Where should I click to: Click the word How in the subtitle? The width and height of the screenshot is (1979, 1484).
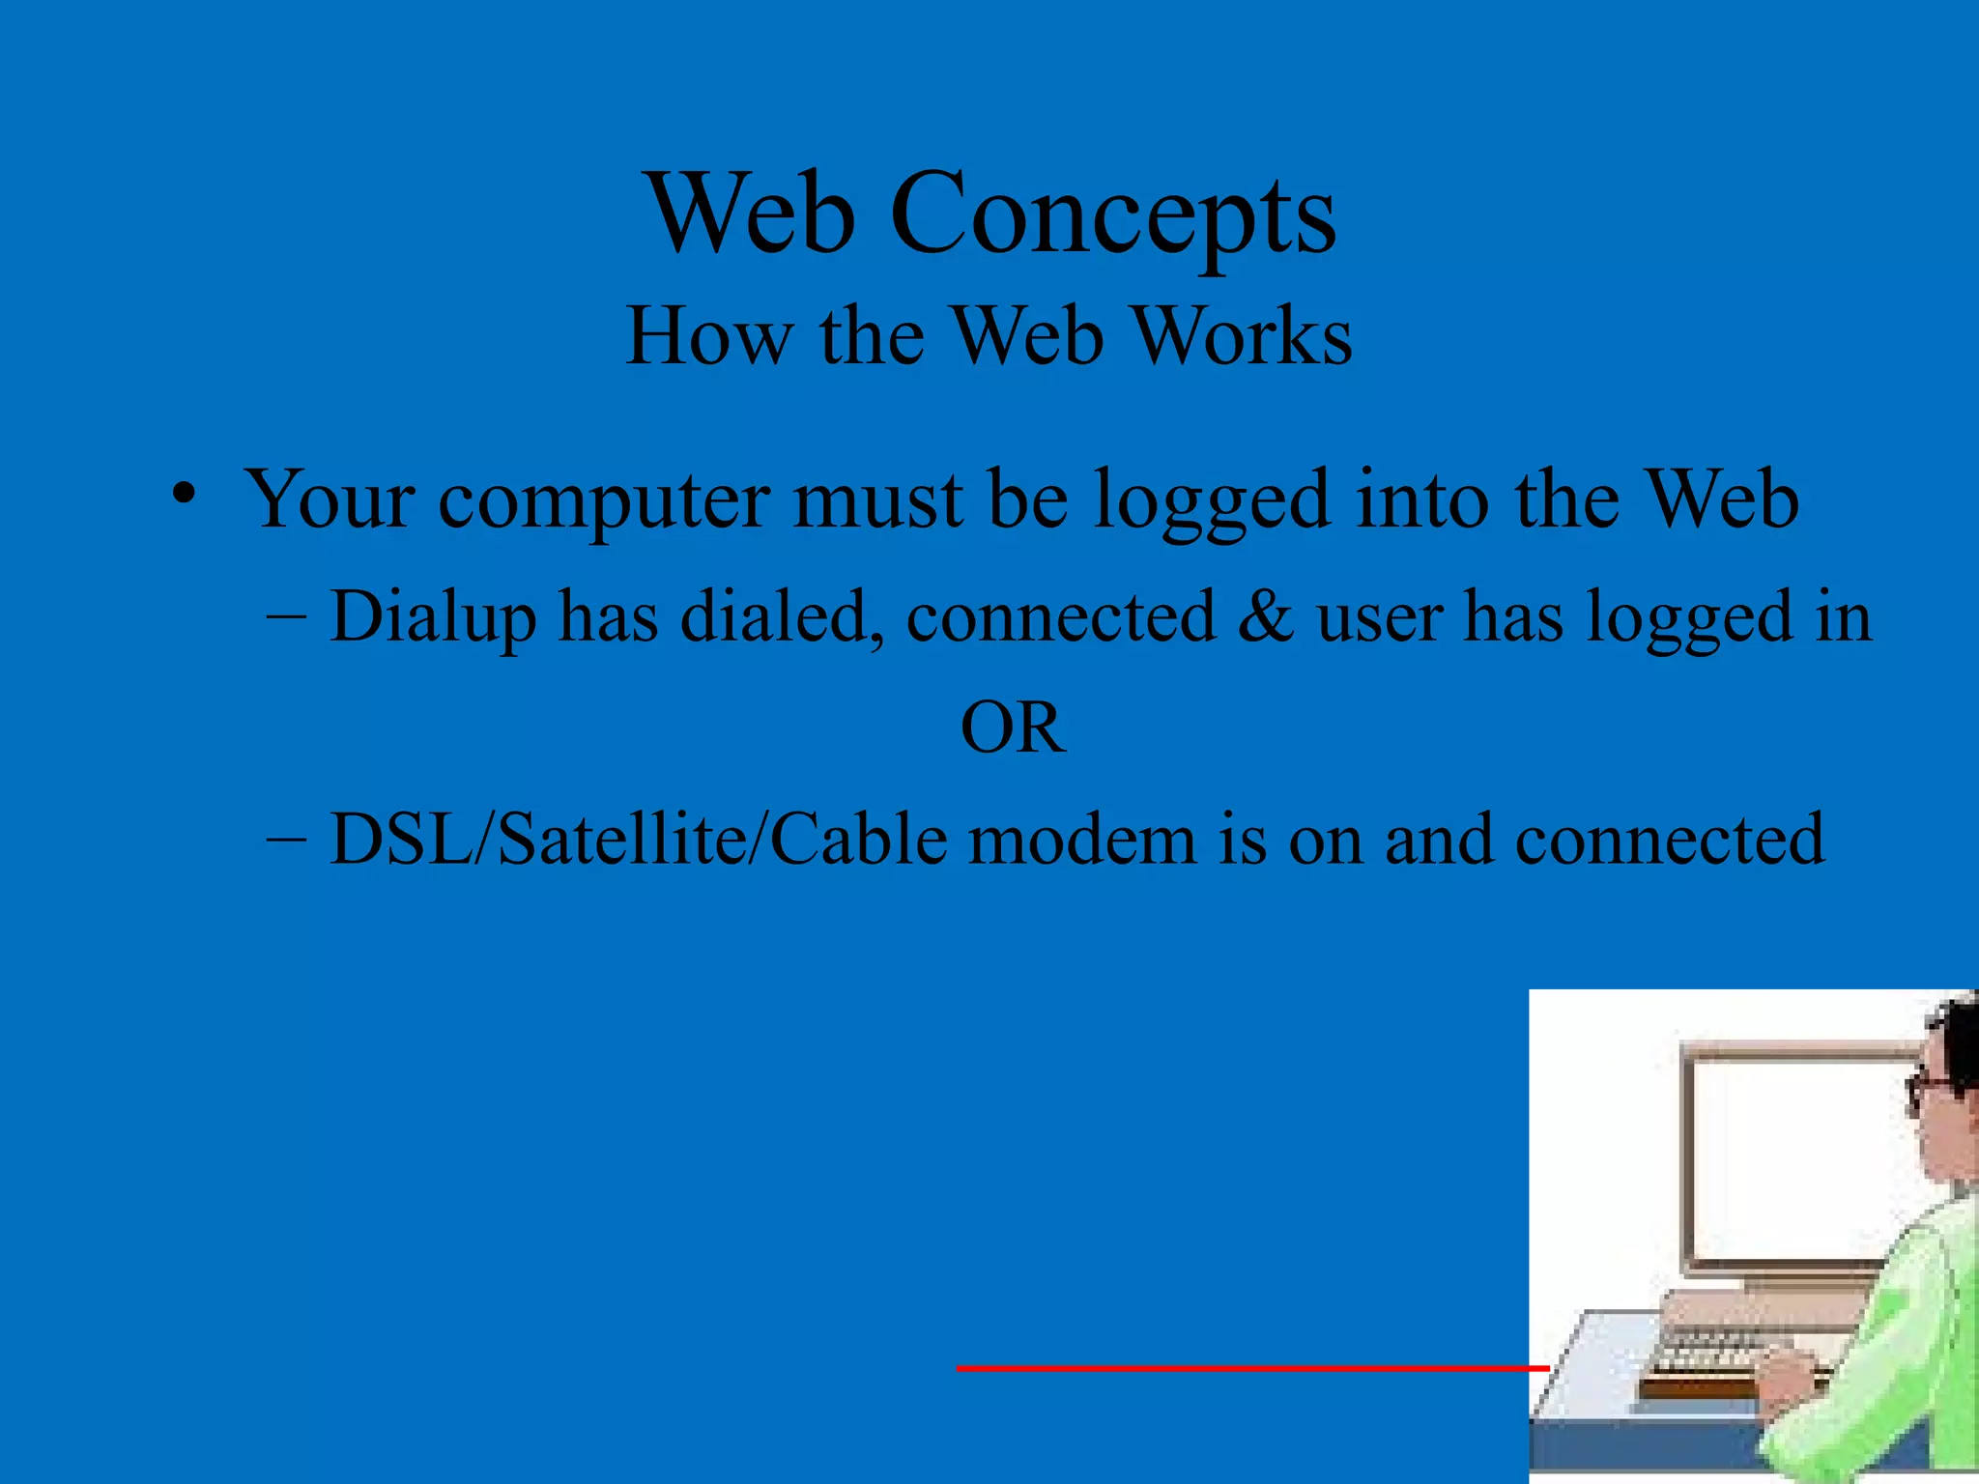(707, 336)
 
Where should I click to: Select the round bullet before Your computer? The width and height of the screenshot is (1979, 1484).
(184, 494)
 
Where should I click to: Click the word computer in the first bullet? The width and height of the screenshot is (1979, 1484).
(604, 500)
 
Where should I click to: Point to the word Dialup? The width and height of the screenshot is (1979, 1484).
(433, 616)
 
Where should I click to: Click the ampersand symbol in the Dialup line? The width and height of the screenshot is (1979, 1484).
(1265, 616)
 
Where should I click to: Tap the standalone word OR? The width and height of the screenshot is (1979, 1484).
(1013, 728)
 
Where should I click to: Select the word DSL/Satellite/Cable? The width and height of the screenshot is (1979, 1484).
(638, 839)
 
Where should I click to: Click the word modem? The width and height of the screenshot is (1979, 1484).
(1082, 839)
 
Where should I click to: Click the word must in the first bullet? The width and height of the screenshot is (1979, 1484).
(877, 500)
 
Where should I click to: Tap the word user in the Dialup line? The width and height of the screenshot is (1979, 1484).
(1379, 616)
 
